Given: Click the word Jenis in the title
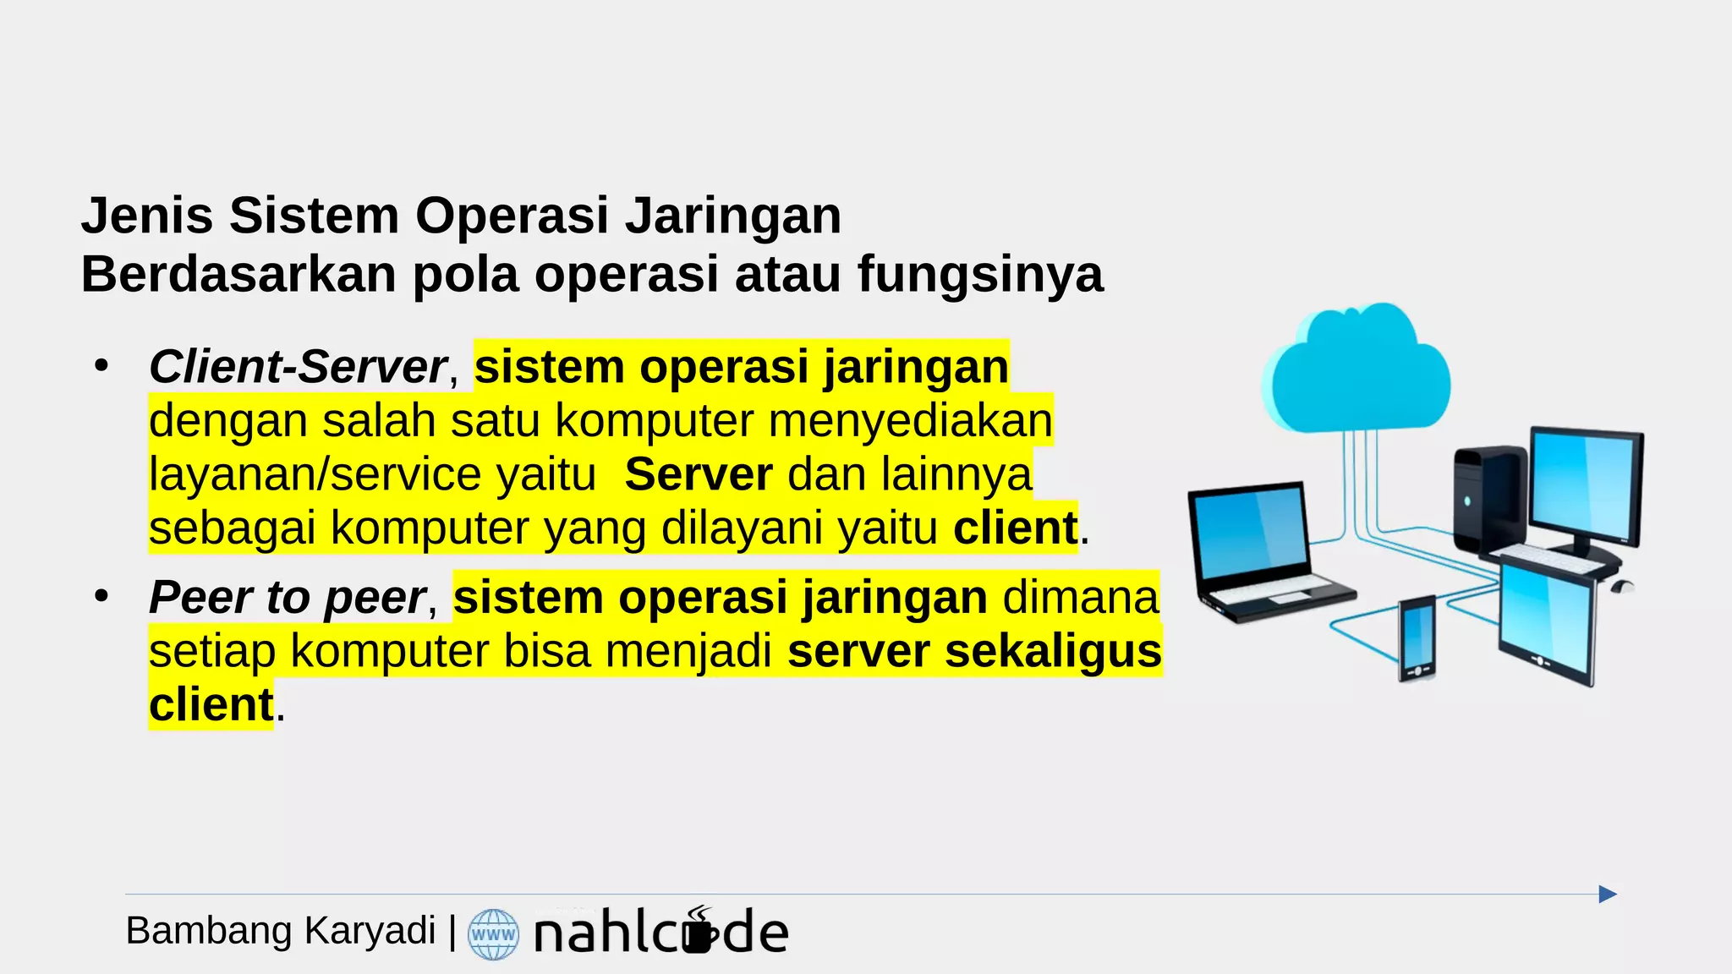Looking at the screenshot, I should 145,216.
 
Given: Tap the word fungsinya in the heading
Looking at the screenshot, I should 980,275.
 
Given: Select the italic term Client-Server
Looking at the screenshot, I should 298,367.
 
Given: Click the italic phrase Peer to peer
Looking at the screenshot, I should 288,598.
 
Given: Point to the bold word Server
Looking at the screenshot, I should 699,474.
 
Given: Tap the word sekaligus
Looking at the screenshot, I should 1053,652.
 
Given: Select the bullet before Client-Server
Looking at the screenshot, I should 102,366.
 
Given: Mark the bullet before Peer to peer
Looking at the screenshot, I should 102,597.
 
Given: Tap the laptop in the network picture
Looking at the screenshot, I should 1260,550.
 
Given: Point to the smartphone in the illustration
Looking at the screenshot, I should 1417,638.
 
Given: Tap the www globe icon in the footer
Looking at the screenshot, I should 493,934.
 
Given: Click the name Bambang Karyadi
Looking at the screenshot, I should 280,931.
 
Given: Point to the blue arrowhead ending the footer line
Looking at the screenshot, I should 1608,895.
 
